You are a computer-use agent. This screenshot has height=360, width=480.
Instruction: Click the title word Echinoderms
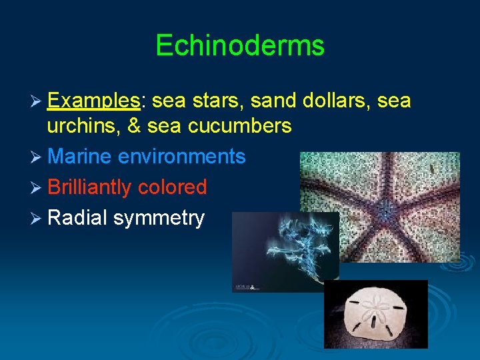click(x=239, y=45)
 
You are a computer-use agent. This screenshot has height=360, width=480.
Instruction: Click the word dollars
click(x=335, y=101)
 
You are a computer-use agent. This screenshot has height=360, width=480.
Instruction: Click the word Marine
click(x=80, y=157)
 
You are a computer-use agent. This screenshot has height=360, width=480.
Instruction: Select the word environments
click(x=182, y=157)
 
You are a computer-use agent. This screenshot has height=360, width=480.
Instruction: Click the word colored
click(x=173, y=187)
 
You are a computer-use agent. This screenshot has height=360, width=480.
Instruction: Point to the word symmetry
click(x=159, y=219)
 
